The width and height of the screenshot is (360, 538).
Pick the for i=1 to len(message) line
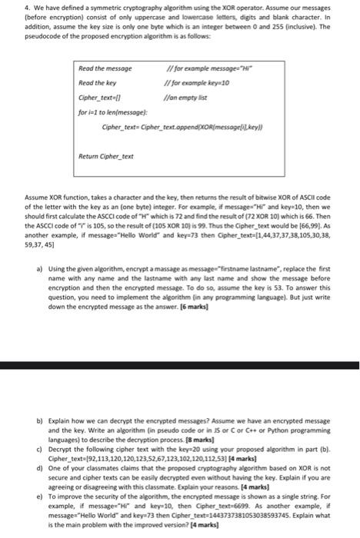(113, 111)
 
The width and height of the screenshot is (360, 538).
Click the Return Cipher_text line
(105, 157)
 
